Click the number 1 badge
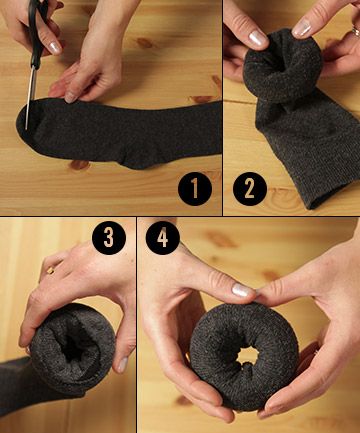(195, 189)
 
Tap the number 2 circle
(250, 189)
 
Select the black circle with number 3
(109, 238)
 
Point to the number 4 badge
(163, 238)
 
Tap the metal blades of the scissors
(30, 97)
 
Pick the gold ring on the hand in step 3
(51, 271)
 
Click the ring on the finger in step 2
(356, 33)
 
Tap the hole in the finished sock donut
(247, 356)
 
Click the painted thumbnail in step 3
(123, 365)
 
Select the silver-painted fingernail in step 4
(243, 290)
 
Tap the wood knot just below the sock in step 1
(79, 165)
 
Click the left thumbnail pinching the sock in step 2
(258, 38)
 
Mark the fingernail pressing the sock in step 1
(70, 97)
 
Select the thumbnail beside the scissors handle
(55, 48)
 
